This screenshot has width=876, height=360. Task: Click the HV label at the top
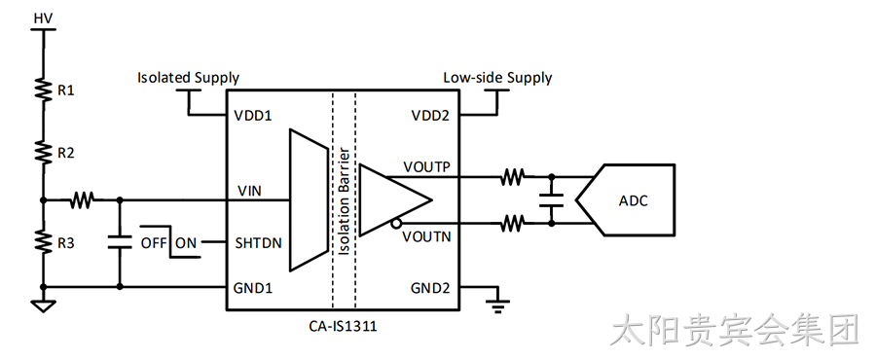(43, 18)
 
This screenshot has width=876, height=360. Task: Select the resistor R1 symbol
(43, 90)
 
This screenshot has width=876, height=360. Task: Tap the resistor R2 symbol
(43, 152)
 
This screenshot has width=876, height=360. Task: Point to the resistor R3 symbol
(43, 242)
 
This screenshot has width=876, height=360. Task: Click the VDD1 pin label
(252, 116)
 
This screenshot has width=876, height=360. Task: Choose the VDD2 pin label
(430, 116)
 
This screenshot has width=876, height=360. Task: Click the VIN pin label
(249, 192)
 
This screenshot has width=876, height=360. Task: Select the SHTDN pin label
(258, 243)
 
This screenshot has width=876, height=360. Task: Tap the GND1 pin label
(253, 288)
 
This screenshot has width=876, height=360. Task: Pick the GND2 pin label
(430, 288)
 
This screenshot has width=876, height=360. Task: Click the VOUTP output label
(427, 167)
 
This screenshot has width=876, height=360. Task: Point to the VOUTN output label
(427, 236)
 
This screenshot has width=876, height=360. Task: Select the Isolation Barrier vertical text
(345, 201)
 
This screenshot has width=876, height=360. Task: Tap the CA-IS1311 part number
(343, 326)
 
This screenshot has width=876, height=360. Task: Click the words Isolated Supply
(188, 78)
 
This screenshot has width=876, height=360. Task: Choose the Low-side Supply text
(497, 78)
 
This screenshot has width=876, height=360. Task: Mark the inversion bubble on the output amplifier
(395, 224)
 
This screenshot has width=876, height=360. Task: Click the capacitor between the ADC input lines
(552, 199)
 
